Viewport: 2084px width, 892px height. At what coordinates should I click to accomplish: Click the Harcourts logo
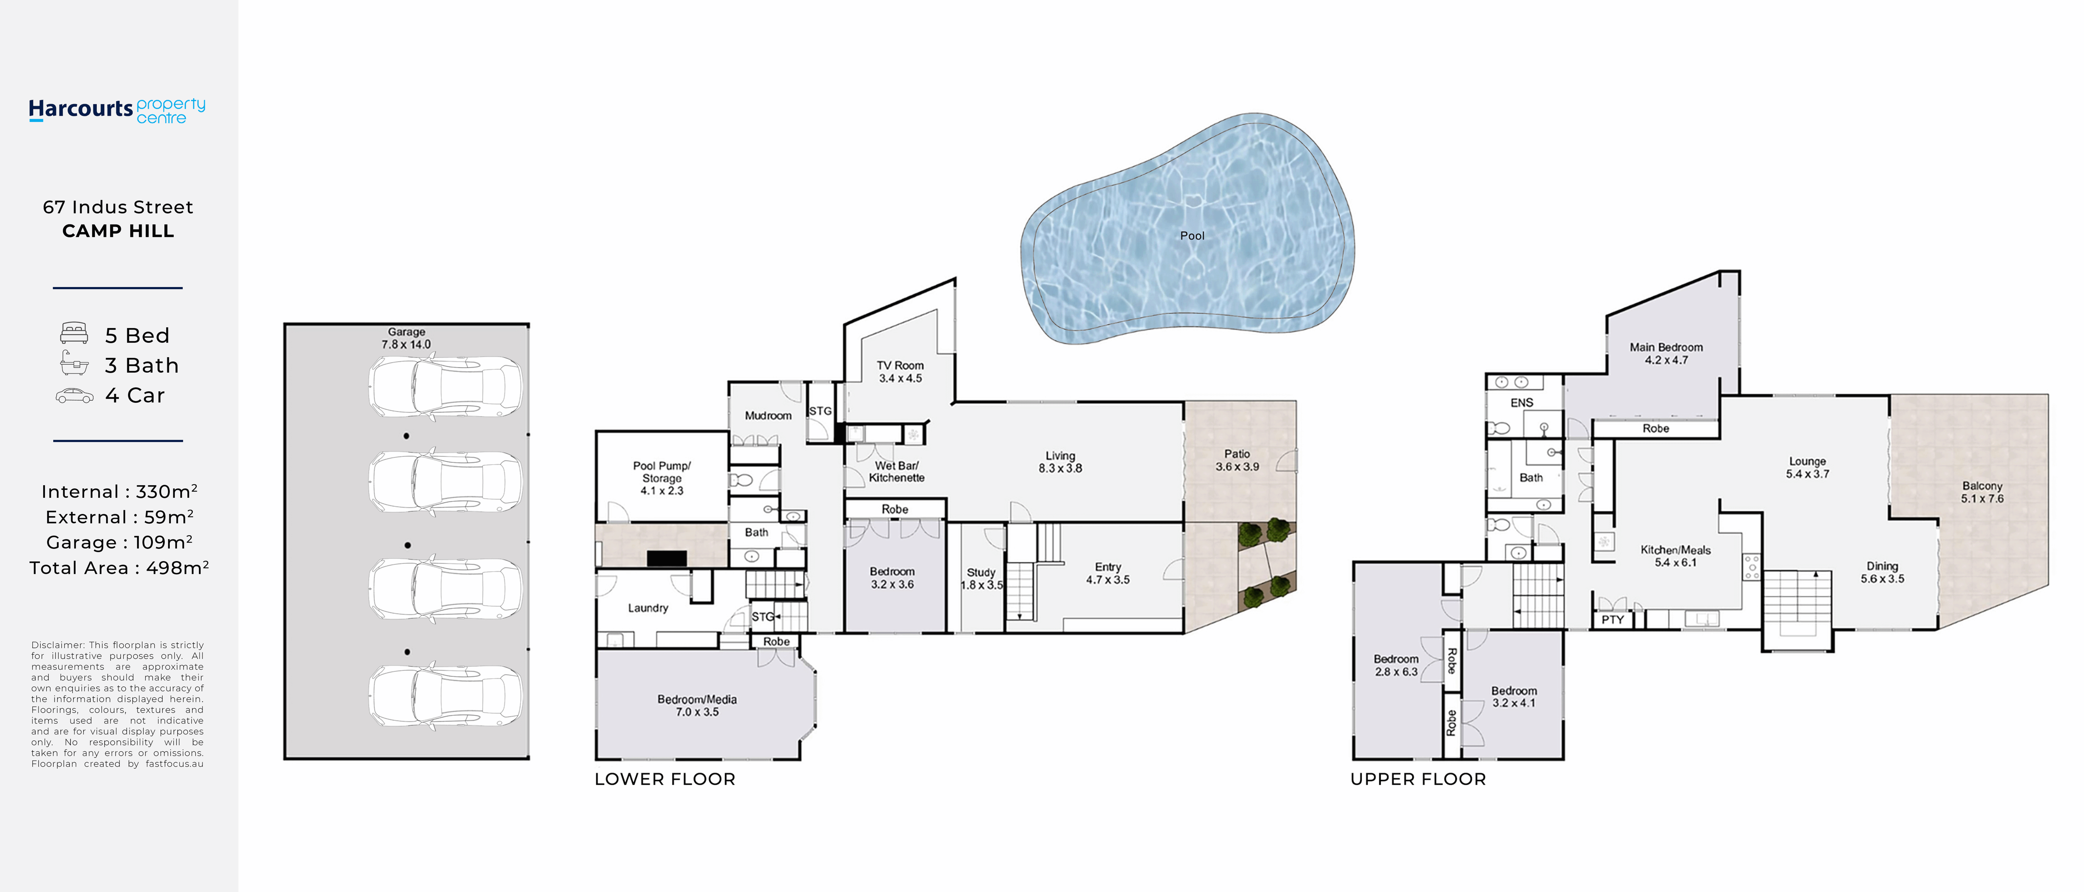tap(117, 110)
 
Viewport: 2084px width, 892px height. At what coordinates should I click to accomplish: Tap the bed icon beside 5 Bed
tap(74, 333)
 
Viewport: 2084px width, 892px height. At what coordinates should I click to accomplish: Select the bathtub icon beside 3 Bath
tap(74, 364)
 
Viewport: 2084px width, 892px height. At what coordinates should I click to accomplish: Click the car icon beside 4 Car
tap(74, 395)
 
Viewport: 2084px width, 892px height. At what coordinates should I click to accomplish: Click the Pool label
tap(1192, 235)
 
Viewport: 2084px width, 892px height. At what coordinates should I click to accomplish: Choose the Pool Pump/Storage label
tap(662, 472)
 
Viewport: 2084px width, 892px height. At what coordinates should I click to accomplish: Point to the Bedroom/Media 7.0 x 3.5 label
tap(696, 705)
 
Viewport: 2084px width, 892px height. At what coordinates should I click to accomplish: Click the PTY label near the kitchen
tap(1612, 619)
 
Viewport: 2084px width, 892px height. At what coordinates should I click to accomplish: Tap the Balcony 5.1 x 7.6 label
tap(1982, 492)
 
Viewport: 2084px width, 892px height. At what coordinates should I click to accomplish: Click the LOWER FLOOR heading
tap(665, 779)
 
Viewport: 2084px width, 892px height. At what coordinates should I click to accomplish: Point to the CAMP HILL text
tap(118, 231)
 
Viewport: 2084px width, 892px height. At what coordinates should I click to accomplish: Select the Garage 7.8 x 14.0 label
tap(406, 338)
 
